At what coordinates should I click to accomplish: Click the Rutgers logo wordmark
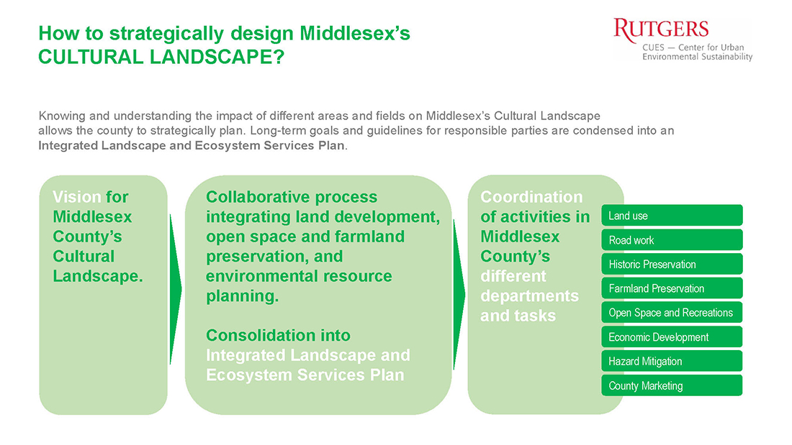(661, 30)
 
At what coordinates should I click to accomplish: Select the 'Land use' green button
(672, 216)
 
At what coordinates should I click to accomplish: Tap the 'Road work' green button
(672, 240)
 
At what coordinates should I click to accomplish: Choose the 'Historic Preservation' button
(672, 265)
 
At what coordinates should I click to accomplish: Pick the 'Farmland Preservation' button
(672, 288)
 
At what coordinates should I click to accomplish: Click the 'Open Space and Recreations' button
(672, 313)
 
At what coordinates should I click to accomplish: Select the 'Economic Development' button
(672, 337)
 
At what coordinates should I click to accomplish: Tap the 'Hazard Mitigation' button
(672, 361)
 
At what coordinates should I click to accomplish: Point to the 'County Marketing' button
(672, 385)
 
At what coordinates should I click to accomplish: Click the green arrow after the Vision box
(175, 289)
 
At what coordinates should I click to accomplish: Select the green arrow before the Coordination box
(459, 294)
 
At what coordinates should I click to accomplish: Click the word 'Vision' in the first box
(77, 197)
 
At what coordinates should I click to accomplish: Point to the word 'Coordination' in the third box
(531, 197)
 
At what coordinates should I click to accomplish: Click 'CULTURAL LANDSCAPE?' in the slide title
(161, 57)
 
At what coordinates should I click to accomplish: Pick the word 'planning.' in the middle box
(242, 296)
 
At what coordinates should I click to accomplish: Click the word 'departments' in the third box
(529, 296)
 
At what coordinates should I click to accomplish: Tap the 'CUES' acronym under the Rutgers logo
(654, 47)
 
